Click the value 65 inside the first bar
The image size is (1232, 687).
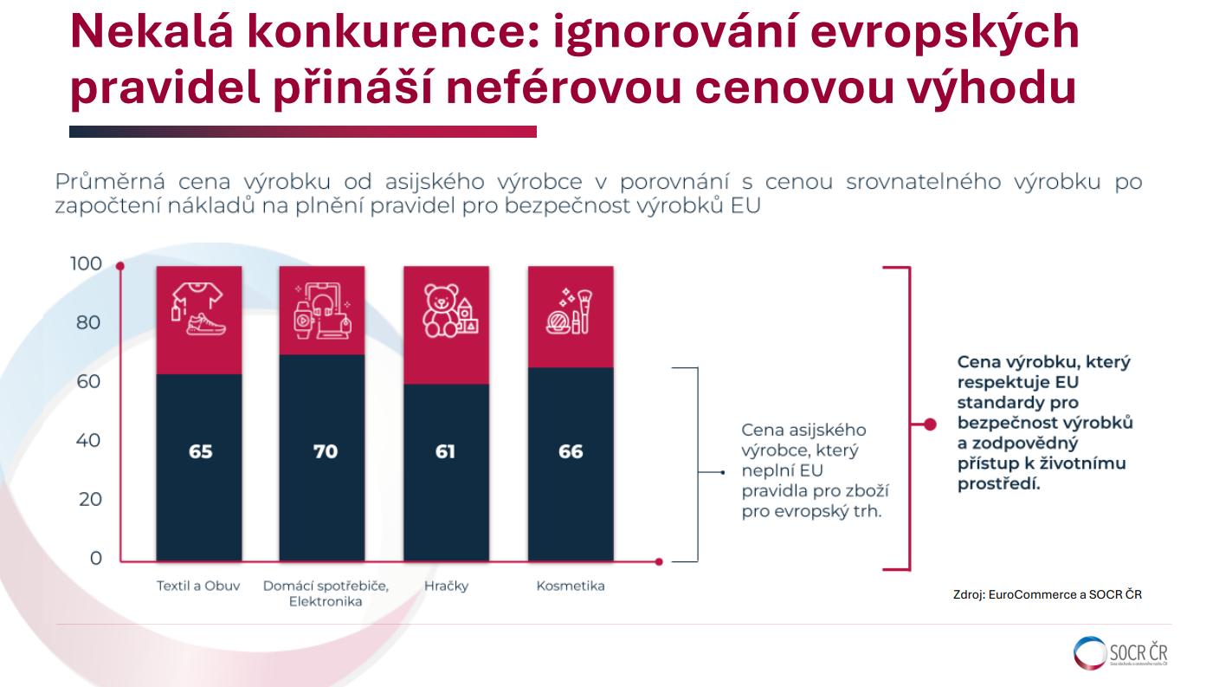click(x=200, y=451)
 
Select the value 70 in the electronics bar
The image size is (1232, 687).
click(x=325, y=451)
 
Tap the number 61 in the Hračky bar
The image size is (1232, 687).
click(x=445, y=451)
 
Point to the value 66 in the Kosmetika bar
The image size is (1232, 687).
click(x=571, y=451)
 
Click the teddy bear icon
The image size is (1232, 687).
click(x=448, y=310)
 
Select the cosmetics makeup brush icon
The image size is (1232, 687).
click(x=571, y=310)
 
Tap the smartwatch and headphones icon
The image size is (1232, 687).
click(x=324, y=310)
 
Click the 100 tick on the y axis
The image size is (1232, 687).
click(x=86, y=263)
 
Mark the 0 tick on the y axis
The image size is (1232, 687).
click(x=95, y=558)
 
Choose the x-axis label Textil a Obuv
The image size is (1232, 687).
click(x=198, y=586)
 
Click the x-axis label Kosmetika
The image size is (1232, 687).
click(x=571, y=586)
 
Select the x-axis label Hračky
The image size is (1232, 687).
click(x=446, y=586)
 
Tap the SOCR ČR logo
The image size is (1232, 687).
click(x=1121, y=653)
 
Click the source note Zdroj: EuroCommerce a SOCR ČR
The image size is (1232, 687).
click(x=1047, y=594)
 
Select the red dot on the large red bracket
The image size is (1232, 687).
click(x=930, y=425)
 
